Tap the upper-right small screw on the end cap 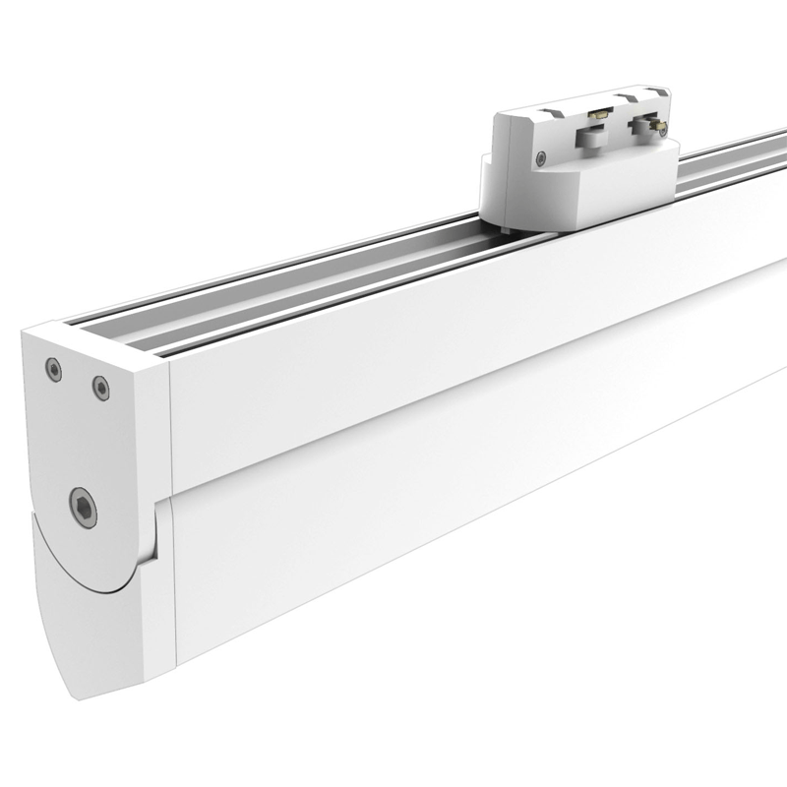point(100,388)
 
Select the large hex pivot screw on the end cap point(83,507)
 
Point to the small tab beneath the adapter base point(505,231)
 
